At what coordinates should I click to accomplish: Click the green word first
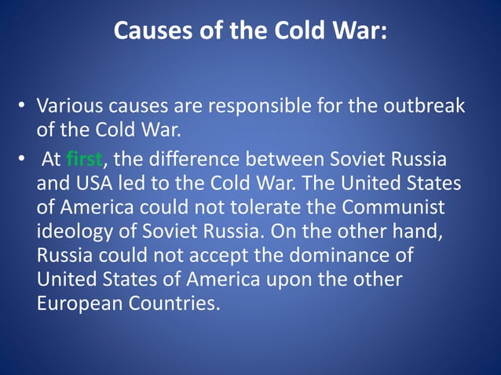click(85, 159)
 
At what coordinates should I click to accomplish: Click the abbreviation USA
click(91, 184)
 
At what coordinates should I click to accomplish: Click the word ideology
click(74, 232)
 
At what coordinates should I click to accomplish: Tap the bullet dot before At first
click(24, 160)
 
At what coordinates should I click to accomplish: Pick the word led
click(131, 184)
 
